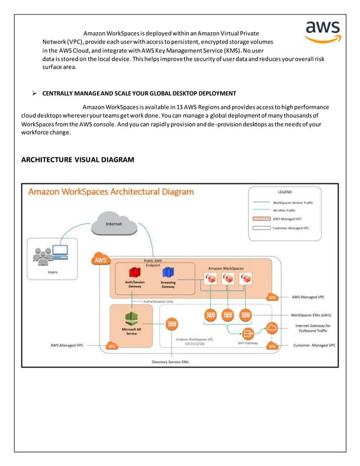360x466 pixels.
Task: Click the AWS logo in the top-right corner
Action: point(322,32)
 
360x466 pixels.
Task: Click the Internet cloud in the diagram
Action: point(114,223)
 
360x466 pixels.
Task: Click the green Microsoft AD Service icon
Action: point(131,317)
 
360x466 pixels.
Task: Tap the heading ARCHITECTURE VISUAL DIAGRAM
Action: point(77,160)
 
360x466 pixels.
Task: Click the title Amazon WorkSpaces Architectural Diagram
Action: point(111,192)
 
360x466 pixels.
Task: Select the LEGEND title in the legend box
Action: point(284,192)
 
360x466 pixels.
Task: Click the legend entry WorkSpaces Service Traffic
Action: point(293,202)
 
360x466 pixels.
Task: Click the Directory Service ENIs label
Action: point(170,361)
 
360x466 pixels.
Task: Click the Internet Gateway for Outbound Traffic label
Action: point(314,329)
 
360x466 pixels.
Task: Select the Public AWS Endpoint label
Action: point(153,263)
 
